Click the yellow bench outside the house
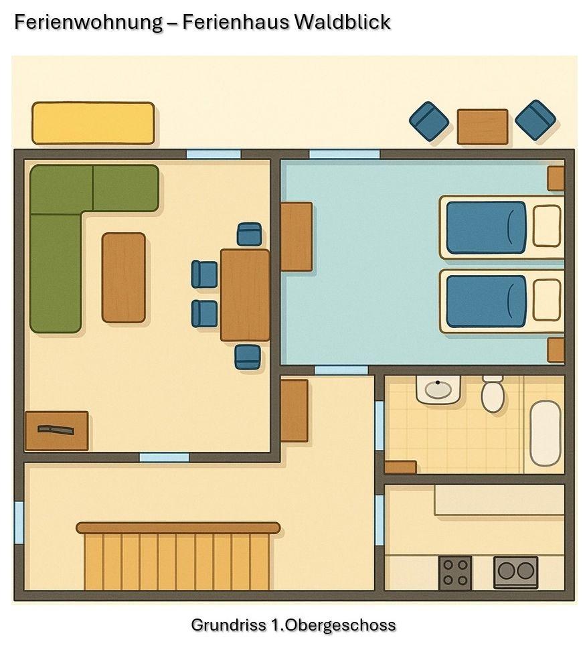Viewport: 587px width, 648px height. point(93,123)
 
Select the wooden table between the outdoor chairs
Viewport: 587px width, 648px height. point(482,127)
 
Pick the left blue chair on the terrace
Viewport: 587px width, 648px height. point(429,121)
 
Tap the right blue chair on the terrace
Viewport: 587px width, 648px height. point(535,120)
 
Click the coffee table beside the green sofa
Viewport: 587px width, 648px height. point(123,277)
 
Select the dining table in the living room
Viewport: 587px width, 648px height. point(245,295)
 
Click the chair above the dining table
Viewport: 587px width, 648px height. point(249,234)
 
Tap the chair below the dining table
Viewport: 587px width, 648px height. point(247,356)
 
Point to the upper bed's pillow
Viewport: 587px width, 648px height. point(547,226)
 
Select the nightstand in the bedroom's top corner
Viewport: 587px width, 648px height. point(555,178)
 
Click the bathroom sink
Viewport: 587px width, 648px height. point(438,389)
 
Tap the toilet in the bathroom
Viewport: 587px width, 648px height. point(493,394)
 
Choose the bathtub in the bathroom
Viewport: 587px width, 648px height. point(546,432)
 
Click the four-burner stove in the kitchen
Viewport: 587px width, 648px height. point(455,573)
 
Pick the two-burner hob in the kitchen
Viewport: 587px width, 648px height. point(515,572)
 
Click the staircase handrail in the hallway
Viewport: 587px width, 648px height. point(178,528)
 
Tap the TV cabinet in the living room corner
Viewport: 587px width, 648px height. point(56,430)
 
